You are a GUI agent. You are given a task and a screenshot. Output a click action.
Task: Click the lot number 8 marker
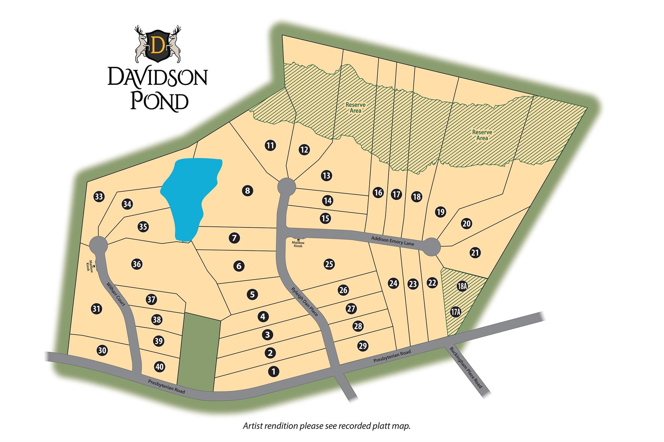pos(247,190)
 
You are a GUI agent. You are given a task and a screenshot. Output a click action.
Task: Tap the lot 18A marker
pos(462,286)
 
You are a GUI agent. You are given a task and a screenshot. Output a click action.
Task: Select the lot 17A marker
pos(456,312)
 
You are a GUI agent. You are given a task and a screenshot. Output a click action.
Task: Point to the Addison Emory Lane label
pos(393,241)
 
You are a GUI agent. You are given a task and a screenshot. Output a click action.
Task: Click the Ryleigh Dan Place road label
pos(304,301)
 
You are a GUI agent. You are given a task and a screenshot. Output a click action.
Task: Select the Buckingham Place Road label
pos(466,368)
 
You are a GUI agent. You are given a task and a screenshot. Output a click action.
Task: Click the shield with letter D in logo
pos(158,45)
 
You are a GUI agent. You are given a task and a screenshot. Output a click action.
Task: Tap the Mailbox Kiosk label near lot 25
pos(298,244)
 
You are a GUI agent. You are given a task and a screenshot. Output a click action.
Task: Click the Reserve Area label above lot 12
pos(355,108)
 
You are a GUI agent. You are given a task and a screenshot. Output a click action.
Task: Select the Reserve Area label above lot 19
pos(482,135)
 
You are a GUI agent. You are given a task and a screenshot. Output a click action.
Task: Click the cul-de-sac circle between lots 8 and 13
pos(287,186)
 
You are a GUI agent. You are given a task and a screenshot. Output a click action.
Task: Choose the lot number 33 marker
pos(99,197)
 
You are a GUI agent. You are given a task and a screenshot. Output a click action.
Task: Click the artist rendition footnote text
pos(326,425)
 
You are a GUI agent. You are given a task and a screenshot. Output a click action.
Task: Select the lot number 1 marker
pos(273,371)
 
